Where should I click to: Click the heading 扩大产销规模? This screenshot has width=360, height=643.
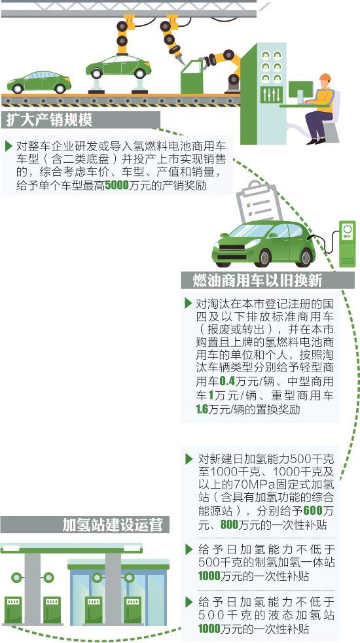pyautogui.click(x=49, y=120)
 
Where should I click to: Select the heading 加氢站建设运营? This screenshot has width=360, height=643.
pyautogui.click(x=113, y=525)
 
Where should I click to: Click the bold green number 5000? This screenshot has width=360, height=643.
pyautogui.click(x=117, y=186)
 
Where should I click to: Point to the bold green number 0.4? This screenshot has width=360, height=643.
pyautogui.click(x=227, y=382)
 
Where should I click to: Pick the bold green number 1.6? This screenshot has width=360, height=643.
pyautogui.click(x=202, y=409)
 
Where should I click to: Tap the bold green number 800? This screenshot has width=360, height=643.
pyautogui.click(x=230, y=525)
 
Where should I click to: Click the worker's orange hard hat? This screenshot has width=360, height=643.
pyautogui.click(x=325, y=77)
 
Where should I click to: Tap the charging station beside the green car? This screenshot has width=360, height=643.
pyautogui.click(x=347, y=243)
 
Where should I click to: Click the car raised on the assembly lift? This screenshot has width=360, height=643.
pyautogui.click(x=118, y=67)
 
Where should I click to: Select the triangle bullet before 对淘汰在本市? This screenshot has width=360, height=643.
pyautogui.click(x=188, y=304)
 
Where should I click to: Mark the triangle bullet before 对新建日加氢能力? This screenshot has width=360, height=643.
pyautogui.click(x=189, y=458)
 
